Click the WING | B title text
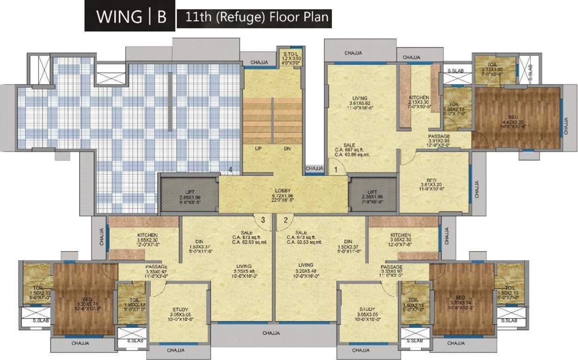click(131, 16)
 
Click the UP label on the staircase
click(258, 148)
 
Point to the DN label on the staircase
click(287, 148)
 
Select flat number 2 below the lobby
click(285, 219)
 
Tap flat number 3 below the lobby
click(263, 219)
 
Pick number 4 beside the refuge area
click(230, 169)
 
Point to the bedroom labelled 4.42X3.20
click(517, 116)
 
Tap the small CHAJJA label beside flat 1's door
click(315, 168)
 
